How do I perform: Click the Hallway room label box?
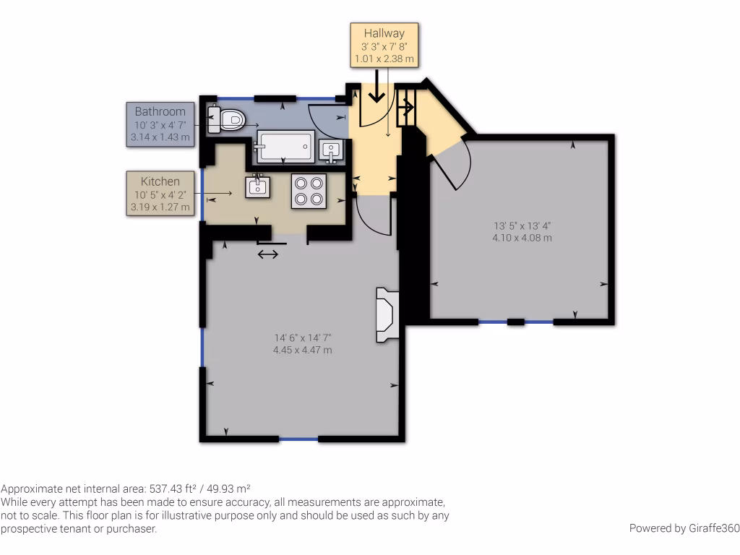[x=384, y=45]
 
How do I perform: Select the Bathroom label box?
[x=160, y=124]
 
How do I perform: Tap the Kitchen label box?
[x=160, y=193]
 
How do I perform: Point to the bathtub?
[x=285, y=145]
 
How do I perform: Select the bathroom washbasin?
[x=331, y=150]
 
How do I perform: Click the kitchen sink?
[x=258, y=187]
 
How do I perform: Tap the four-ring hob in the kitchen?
[x=309, y=191]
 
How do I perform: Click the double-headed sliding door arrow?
[x=267, y=254]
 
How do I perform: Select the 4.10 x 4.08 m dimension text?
[x=522, y=237]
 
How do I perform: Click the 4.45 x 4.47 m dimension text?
[x=302, y=350]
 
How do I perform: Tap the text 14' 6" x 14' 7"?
[x=302, y=337]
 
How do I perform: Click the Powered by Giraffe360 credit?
[x=684, y=528]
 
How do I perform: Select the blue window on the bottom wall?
[x=298, y=439]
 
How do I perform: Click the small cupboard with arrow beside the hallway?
[x=406, y=108]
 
